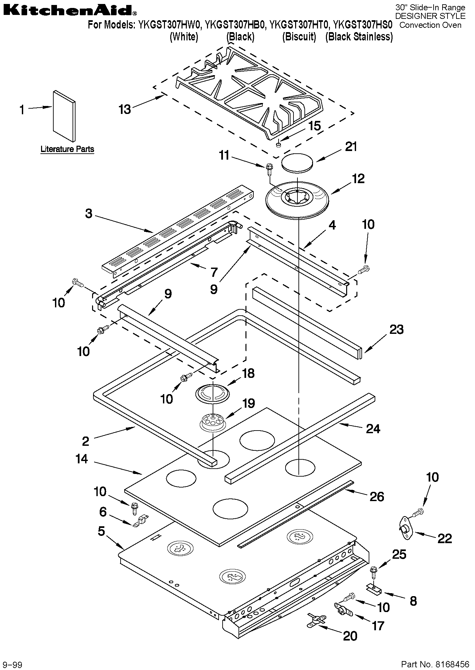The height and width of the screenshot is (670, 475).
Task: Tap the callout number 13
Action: coord(125,109)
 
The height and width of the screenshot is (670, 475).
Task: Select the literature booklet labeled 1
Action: coord(64,116)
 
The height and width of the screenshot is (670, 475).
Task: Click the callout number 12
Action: coord(358,179)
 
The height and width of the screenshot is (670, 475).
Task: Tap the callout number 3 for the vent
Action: coord(88,214)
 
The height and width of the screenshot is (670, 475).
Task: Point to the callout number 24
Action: coord(373,429)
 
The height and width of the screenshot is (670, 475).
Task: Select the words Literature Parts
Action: coord(67,149)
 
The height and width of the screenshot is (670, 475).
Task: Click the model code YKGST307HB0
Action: coord(235,25)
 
